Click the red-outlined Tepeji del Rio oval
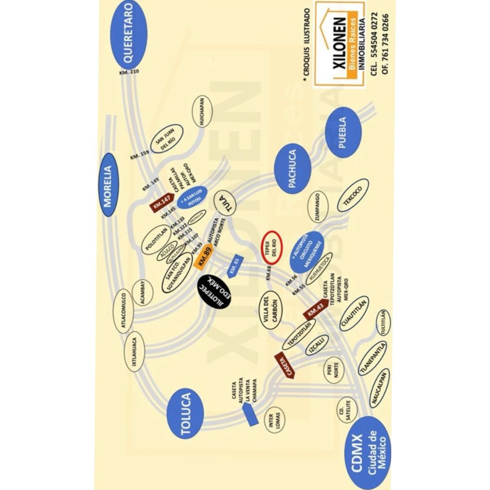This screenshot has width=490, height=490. tap(271, 247)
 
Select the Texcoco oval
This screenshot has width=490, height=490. tap(353, 195)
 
